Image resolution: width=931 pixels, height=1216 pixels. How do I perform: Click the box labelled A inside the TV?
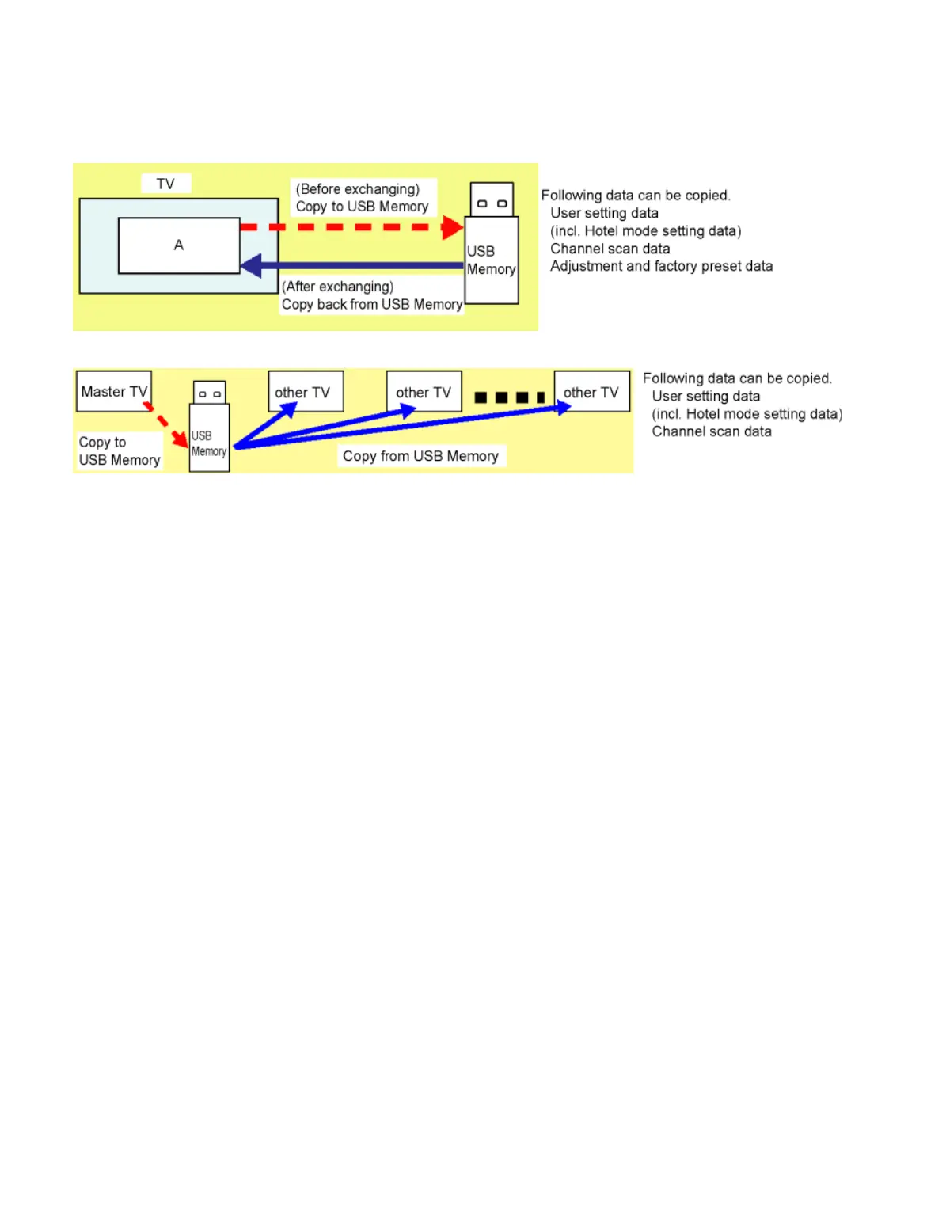(x=179, y=245)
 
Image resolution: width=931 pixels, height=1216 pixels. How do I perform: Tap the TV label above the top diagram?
(x=165, y=184)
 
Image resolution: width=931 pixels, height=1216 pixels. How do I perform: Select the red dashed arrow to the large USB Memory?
(x=348, y=227)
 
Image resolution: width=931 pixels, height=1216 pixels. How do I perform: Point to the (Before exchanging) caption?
(x=358, y=189)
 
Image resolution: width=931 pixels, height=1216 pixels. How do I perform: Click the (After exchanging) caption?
(x=338, y=287)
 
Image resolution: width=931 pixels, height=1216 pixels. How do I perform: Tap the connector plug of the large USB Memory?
(x=492, y=199)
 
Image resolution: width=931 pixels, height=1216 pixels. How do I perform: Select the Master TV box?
(x=114, y=391)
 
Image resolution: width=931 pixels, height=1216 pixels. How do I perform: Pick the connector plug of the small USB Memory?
(x=210, y=393)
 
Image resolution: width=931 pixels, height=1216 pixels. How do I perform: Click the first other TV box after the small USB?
(x=306, y=391)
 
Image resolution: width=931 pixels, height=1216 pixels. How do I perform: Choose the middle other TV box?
(x=424, y=391)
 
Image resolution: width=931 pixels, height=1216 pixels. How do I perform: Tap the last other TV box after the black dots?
(x=591, y=391)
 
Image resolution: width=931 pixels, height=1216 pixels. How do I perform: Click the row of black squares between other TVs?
(x=509, y=397)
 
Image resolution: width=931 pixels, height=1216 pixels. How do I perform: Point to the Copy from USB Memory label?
(x=420, y=456)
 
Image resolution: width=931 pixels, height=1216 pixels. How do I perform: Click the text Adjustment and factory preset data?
(x=661, y=266)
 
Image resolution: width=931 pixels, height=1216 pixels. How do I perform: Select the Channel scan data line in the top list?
(x=610, y=249)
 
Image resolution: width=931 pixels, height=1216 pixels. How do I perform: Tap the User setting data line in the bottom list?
(x=705, y=396)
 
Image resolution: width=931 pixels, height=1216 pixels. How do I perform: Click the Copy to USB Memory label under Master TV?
(x=119, y=451)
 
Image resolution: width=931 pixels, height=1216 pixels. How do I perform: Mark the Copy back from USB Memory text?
(x=372, y=305)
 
